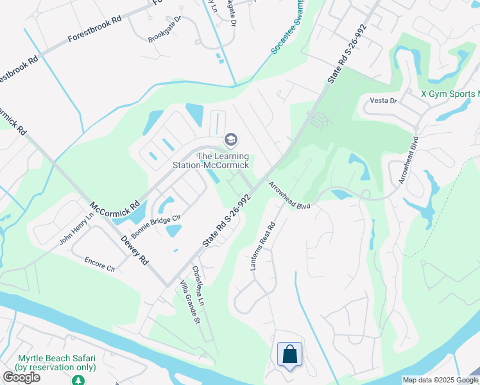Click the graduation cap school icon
point(230,140)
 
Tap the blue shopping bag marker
point(289,354)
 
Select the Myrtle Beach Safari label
point(56,363)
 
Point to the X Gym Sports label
point(450,94)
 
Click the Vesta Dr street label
point(384,101)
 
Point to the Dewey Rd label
point(135,250)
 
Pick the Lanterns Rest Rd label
point(262,246)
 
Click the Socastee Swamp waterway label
point(287,30)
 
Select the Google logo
point(21,377)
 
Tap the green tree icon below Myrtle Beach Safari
point(78,381)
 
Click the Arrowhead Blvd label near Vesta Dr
point(408,160)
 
